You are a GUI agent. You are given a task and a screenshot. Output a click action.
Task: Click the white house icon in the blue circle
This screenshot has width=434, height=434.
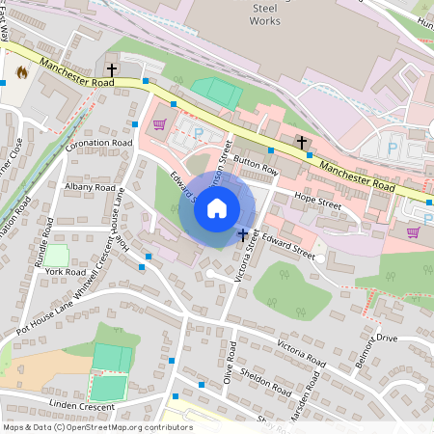point(217,208)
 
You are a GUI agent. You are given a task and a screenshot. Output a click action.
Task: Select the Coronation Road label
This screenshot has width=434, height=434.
point(98,142)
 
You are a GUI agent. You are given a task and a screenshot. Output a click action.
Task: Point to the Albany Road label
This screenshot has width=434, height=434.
point(90,188)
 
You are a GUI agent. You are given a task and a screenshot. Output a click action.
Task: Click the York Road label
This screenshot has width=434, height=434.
point(65,272)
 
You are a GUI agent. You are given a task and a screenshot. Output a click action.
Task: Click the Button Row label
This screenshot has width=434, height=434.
point(256,167)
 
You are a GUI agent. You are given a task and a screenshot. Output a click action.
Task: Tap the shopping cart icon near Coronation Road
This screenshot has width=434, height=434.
point(159,124)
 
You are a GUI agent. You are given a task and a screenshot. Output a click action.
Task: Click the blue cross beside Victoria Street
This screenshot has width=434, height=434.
point(242,234)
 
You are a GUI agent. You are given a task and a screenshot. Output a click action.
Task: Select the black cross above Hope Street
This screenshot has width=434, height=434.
point(302,142)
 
